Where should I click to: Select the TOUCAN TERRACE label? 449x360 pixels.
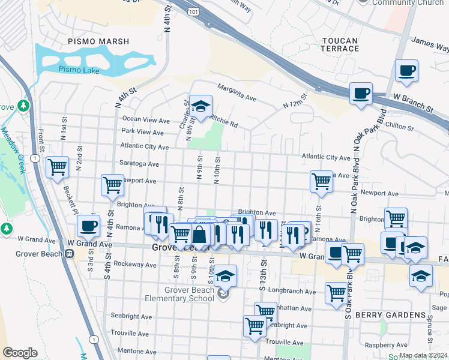[x=340, y=44]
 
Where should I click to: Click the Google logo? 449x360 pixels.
[x=20, y=353]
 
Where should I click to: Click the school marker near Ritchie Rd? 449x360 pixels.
[x=200, y=106]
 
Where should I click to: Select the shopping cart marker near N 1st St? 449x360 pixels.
[x=57, y=167]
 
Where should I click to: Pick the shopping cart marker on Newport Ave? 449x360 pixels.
[x=112, y=185]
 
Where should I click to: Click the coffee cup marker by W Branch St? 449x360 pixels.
[x=361, y=94]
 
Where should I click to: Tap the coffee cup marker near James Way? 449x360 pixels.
[x=406, y=70]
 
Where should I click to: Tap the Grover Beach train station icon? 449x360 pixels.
[x=70, y=253]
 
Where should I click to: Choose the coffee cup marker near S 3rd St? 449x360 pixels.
[x=88, y=226]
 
